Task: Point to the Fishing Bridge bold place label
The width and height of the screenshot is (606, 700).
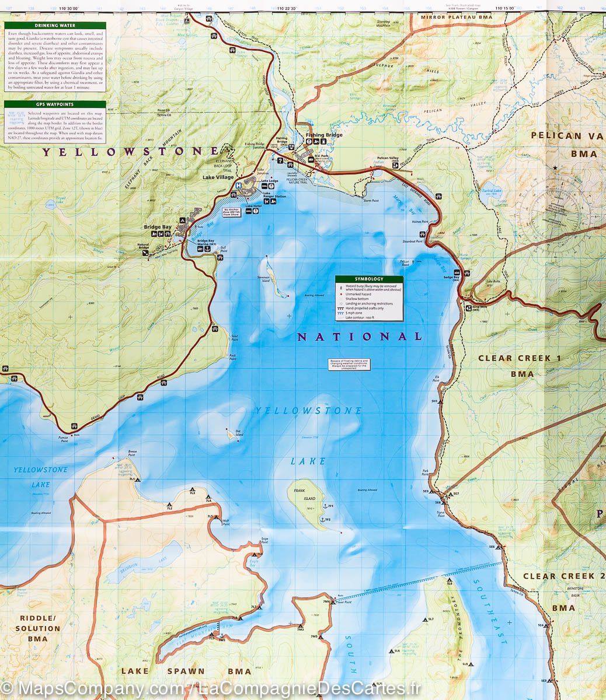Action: click(x=324, y=135)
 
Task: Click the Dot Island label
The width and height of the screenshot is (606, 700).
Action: click(x=238, y=432)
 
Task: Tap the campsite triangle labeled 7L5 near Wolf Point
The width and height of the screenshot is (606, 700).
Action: click(x=217, y=516)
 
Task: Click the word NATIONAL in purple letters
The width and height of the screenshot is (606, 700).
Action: click(x=360, y=337)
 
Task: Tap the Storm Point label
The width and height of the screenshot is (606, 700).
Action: click(x=371, y=201)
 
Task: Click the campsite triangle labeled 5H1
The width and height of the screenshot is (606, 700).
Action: click(x=441, y=402)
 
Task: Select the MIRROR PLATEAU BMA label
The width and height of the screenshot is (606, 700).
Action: click(x=457, y=17)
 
